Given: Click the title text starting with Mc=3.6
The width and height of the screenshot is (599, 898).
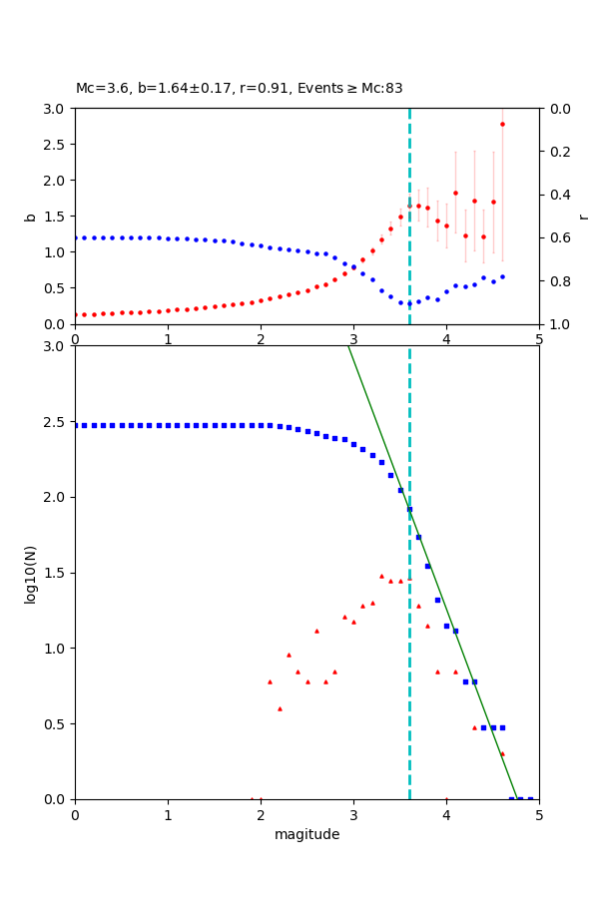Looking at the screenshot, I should coord(240,89).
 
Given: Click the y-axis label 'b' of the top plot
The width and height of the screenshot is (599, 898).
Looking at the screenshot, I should coord(31,217).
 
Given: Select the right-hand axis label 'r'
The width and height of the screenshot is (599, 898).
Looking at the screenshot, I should coord(583,217).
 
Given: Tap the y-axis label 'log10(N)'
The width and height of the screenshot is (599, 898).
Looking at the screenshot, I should coord(31,573).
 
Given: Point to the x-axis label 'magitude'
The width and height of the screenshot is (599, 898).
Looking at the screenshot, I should coord(306,835).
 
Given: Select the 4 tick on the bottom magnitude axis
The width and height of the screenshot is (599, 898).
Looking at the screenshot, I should coord(446,815).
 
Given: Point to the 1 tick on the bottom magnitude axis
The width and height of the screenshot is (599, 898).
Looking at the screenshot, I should coord(168,815).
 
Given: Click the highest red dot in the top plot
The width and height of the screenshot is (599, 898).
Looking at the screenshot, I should coord(502,124).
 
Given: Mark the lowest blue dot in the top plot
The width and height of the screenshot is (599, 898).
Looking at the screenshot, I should coord(409,303).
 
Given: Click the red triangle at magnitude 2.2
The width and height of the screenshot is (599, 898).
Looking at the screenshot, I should coord(280,708).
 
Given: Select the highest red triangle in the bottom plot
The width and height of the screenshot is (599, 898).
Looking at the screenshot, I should coord(381,576).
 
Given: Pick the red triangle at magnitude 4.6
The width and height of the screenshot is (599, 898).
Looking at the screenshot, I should coord(502,753).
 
